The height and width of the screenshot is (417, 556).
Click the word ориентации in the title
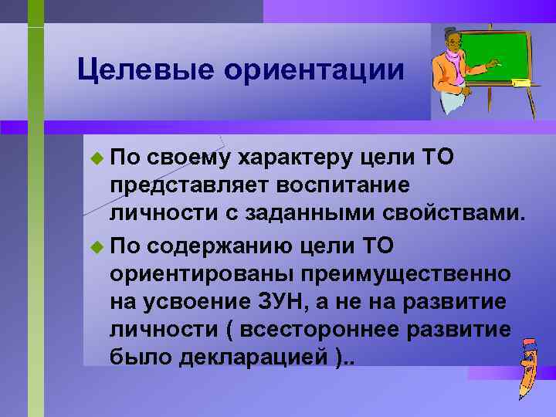tap(314, 69)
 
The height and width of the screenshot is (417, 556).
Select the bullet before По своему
tap(96, 159)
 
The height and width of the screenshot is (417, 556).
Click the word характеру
tap(297, 159)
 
